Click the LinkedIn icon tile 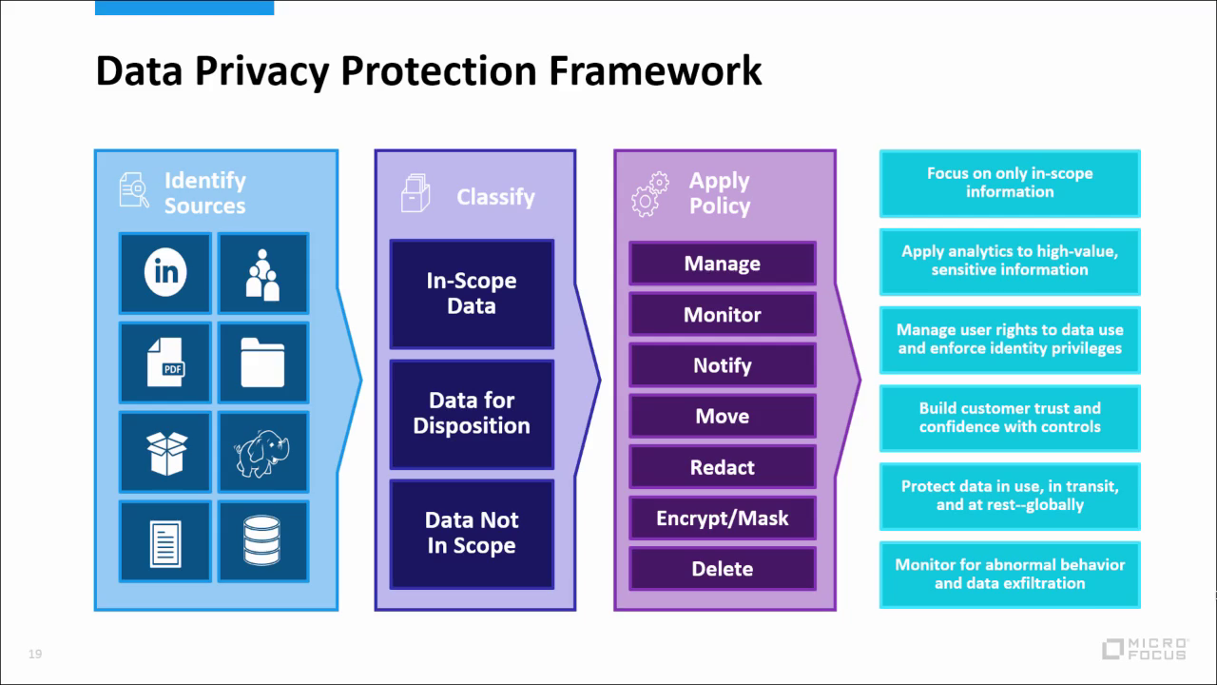coord(165,273)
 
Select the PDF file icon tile coord(165,362)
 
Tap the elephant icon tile coord(263,452)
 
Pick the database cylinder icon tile coord(263,541)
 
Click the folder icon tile coord(263,362)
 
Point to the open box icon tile coord(165,452)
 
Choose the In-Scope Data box coord(472,294)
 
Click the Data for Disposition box coord(472,414)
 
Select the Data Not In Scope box coord(472,534)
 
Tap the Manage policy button coord(723,264)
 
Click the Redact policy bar coord(723,467)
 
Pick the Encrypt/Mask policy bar coord(723,519)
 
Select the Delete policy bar coord(723,569)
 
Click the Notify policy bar coord(723,365)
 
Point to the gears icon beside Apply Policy coord(649,194)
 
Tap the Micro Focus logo coord(1145,649)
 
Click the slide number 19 coord(35,654)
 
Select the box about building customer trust coord(1010,418)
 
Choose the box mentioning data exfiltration coord(1010,574)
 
